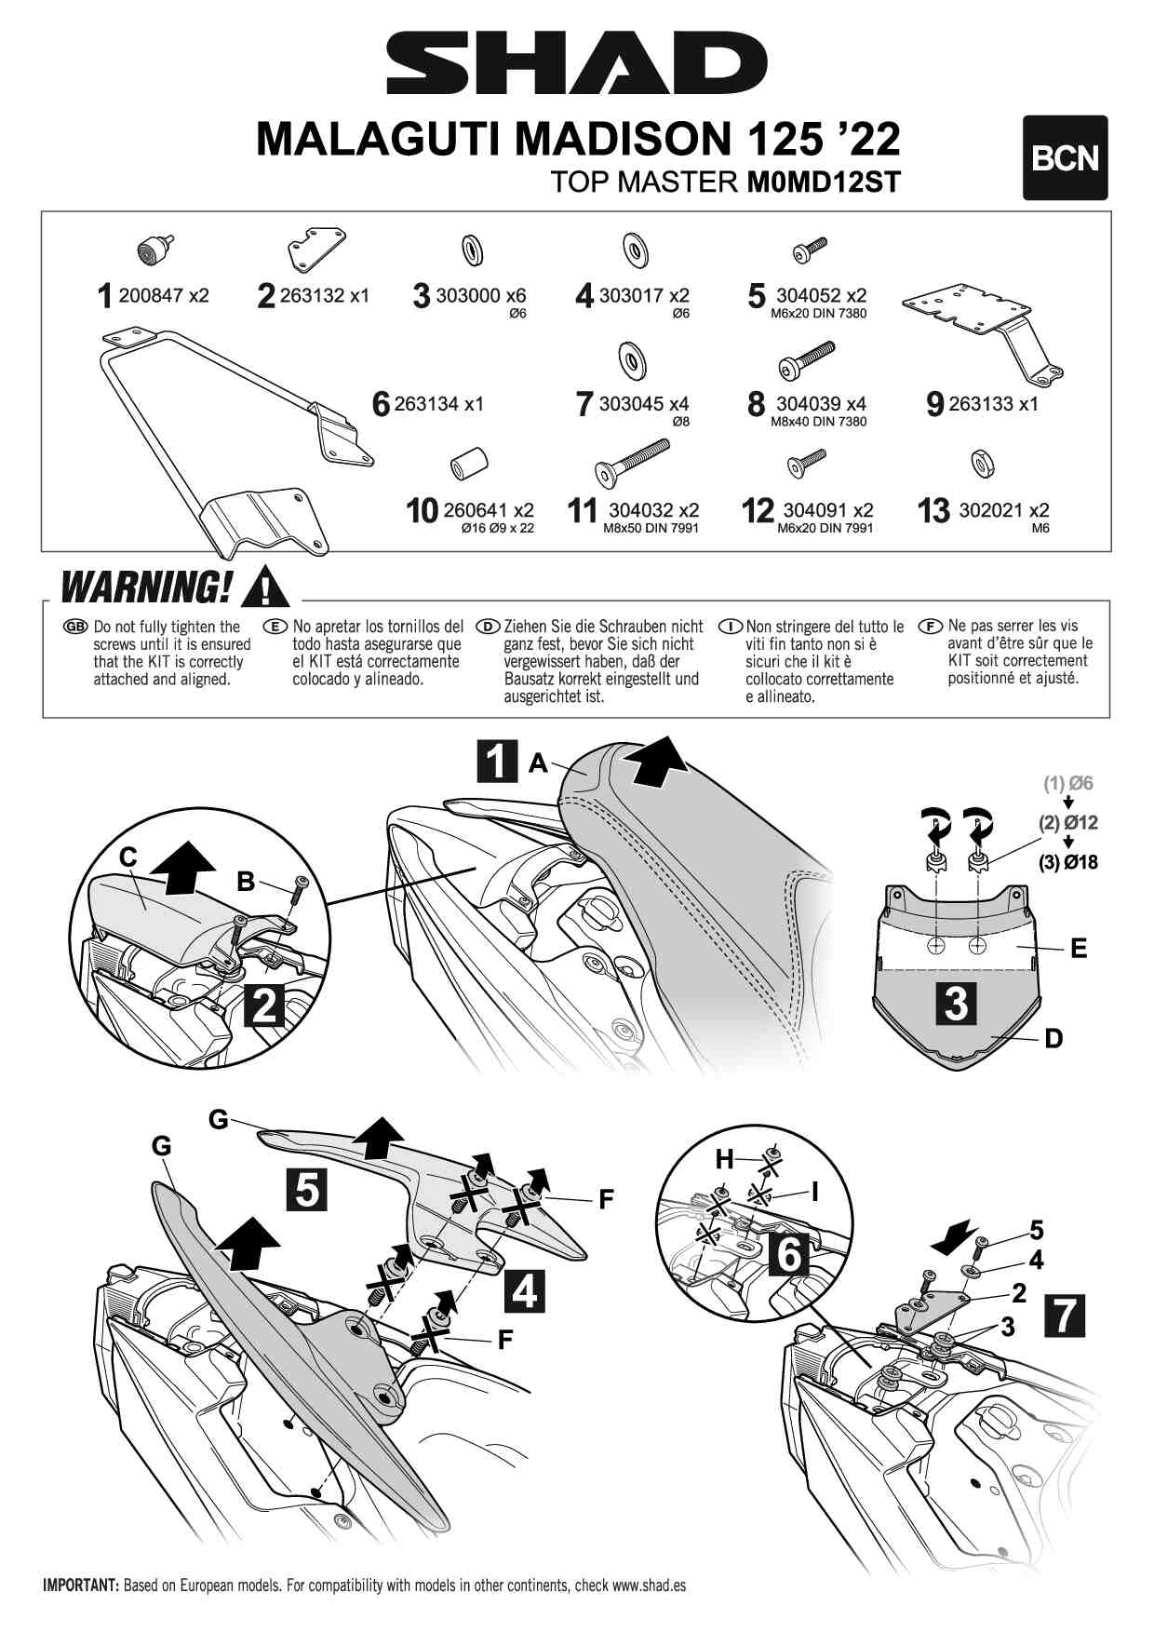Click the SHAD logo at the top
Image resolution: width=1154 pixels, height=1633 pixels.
pos(576,62)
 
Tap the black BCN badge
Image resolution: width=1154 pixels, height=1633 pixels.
pos(1065,158)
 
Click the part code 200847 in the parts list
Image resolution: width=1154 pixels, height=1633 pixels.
pos(152,296)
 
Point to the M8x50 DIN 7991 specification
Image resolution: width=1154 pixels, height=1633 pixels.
pos(651,529)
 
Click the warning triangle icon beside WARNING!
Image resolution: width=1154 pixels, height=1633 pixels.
pos(264,587)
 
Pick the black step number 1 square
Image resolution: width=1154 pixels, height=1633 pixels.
pos(497,761)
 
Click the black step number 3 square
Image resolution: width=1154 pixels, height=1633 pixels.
pos(956,1004)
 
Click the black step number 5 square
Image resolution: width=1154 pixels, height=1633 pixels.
pos(307,1189)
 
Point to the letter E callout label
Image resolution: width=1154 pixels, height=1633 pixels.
pos(1079,949)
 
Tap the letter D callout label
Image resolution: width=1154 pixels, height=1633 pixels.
pos(1053,1038)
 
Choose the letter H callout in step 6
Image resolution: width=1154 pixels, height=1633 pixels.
pos(724,1159)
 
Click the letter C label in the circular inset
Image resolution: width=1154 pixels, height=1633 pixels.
pos(128,857)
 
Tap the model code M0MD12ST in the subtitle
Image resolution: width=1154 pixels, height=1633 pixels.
pos(824,182)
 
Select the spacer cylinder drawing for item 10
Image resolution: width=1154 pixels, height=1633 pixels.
pos(469,462)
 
